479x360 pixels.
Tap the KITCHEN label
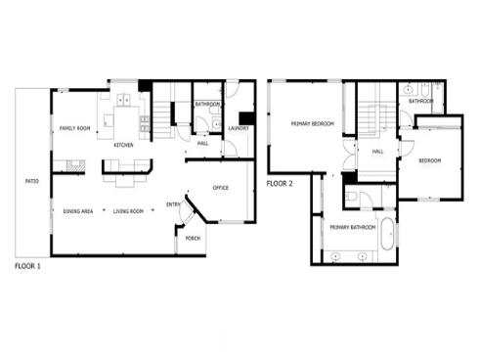coord(123,145)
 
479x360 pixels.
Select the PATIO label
coord(31,181)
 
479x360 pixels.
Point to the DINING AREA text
coord(78,211)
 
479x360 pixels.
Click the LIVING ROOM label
coord(128,211)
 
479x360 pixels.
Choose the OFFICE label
coord(221,188)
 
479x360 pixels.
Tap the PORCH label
coord(190,238)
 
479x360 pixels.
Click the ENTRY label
coord(173,204)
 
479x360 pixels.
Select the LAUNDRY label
coord(239,128)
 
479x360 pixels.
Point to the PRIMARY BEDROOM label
coord(313,124)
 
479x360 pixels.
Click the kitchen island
coord(125,120)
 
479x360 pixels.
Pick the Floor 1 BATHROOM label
coord(207,104)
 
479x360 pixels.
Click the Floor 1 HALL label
coord(202,144)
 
